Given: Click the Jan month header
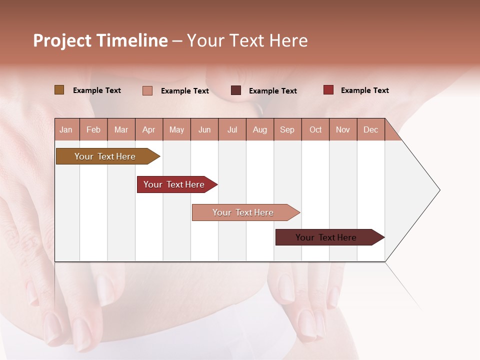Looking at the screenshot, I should [x=66, y=129].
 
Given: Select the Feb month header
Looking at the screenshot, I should [x=93, y=129].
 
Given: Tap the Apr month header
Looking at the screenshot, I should [x=149, y=129].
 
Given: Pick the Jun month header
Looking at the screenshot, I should [x=204, y=129].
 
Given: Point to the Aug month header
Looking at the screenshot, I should [x=260, y=129].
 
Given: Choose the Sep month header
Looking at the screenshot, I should [x=287, y=129].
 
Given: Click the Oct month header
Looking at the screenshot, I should [x=315, y=129].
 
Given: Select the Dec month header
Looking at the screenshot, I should [x=371, y=129].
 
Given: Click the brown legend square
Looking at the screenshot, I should [x=59, y=90].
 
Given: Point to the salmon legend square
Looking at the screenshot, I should [x=147, y=90].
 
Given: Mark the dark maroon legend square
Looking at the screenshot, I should [x=235, y=90].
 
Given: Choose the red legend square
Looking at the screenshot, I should [x=328, y=90].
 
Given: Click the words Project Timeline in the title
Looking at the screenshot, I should [x=100, y=40].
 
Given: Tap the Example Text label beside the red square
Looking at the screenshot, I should [x=364, y=90].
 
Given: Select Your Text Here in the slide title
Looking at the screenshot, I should [x=247, y=40].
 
